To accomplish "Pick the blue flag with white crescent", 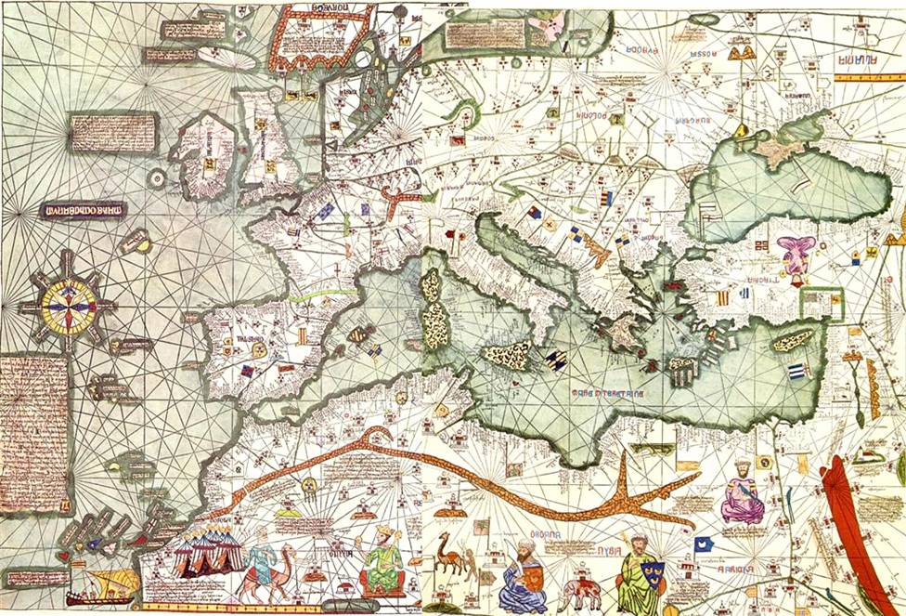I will click(x=703, y=544).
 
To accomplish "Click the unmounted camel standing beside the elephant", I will click(x=450, y=552).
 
